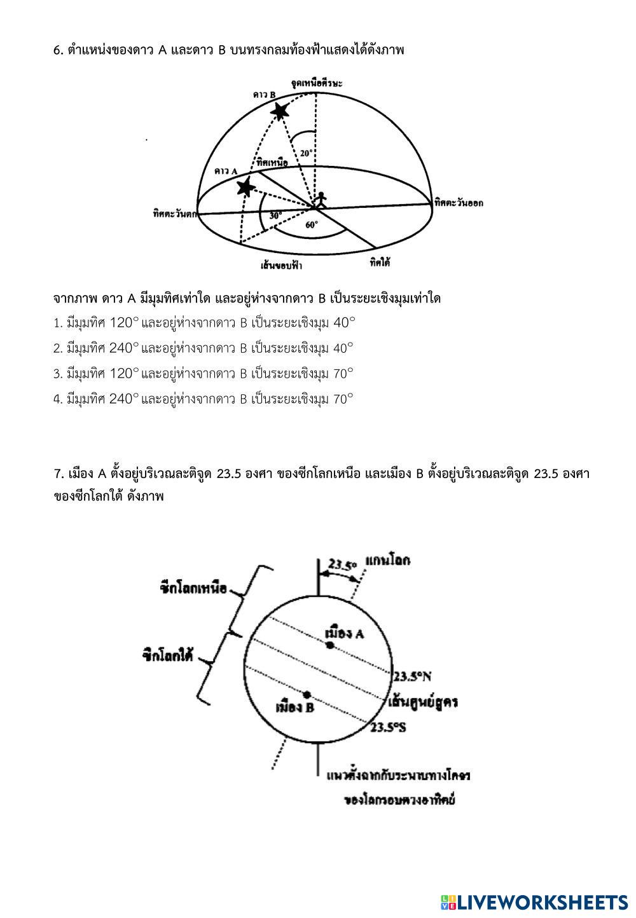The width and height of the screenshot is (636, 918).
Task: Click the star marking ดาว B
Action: [279, 111]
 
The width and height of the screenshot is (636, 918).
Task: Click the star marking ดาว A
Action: [245, 187]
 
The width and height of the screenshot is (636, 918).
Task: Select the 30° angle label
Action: [275, 216]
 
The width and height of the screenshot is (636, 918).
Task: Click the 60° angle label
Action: [311, 224]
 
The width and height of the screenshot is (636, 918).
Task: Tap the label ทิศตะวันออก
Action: [459, 203]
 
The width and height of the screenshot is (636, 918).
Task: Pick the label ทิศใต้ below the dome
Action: [380, 261]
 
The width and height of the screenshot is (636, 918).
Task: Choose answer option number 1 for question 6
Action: [204, 323]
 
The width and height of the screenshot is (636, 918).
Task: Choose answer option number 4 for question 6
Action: [204, 399]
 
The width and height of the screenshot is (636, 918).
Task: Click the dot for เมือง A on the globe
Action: [330, 645]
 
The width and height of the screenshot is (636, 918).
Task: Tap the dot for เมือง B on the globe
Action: [307, 694]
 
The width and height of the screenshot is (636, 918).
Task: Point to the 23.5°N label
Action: [412, 676]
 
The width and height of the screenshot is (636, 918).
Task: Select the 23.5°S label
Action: [389, 727]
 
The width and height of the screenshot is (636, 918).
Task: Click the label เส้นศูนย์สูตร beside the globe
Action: [423, 702]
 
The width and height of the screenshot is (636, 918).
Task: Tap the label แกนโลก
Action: [387, 561]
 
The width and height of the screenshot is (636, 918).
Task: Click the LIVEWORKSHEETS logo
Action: [534, 902]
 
